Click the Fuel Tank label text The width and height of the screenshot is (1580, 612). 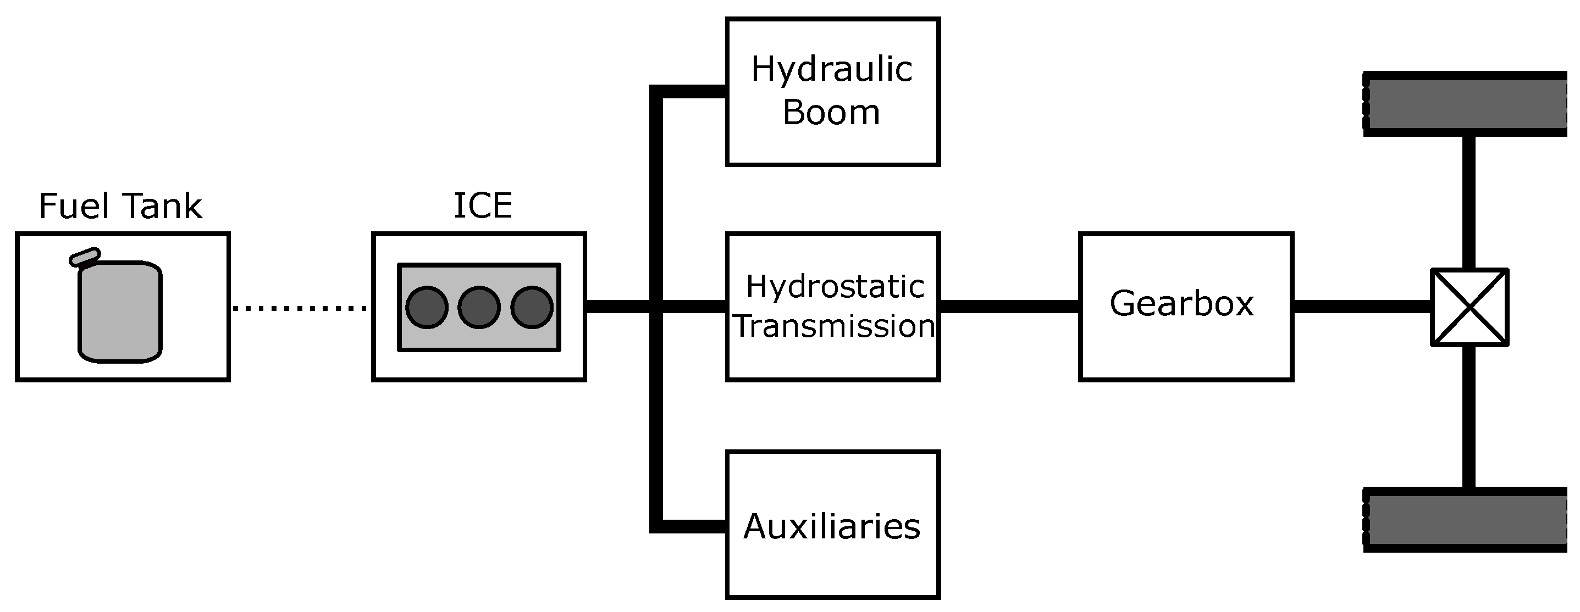(x=120, y=206)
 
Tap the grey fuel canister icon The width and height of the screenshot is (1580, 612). (x=120, y=313)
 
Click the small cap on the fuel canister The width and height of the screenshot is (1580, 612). (x=85, y=257)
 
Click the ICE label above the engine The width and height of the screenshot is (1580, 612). (x=483, y=206)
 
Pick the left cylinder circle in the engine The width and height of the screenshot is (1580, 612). (x=427, y=307)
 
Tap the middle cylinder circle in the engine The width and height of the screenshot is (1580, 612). (x=479, y=307)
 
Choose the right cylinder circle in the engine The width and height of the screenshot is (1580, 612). (x=532, y=307)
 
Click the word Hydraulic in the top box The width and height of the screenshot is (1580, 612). (x=832, y=69)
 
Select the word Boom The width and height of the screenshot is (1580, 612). (x=831, y=113)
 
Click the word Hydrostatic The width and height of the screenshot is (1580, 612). (x=835, y=287)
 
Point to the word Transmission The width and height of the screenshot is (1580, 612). (x=834, y=326)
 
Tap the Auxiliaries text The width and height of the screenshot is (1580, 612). (x=832, y=526)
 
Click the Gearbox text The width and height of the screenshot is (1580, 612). (x=1182, y=304)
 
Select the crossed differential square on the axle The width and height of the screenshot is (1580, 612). (x=1469, y=307)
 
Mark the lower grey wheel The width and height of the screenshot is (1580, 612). (x=1466, y=519)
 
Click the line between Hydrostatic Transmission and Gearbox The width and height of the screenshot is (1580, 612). (x=1009, y=307)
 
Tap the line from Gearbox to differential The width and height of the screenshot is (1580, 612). (x=1362, y=307)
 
